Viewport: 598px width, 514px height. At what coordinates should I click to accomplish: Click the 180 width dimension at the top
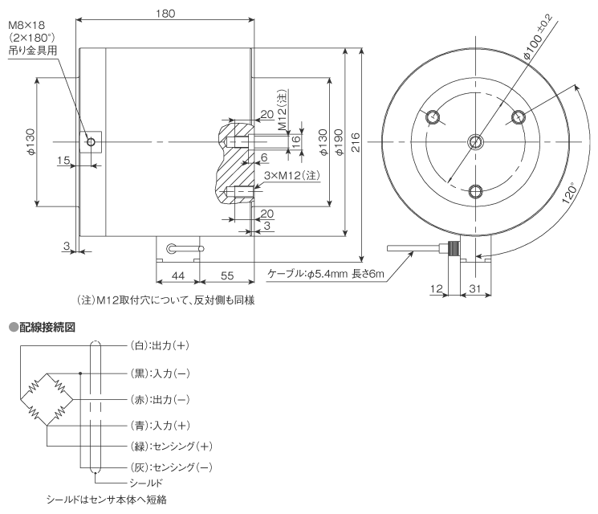click(x=165, y=14)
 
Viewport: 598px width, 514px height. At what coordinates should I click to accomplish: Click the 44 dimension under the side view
click(x=177, y=275)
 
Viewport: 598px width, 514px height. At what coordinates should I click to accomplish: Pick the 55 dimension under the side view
click(x=226, y=275)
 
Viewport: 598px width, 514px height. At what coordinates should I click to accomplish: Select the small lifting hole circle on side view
click(x=92, y=142)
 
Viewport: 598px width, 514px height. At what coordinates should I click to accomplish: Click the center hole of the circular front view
click(x=475, y=142)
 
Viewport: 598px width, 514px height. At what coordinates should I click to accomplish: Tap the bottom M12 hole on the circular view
click(x=475, y=190)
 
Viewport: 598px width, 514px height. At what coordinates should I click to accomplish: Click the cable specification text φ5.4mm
click(x=327, y=274)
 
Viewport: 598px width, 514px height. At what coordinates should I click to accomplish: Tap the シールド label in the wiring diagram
click(x=147, y=482)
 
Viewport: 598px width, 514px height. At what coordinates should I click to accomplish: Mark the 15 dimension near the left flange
click(x=63, y=161)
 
